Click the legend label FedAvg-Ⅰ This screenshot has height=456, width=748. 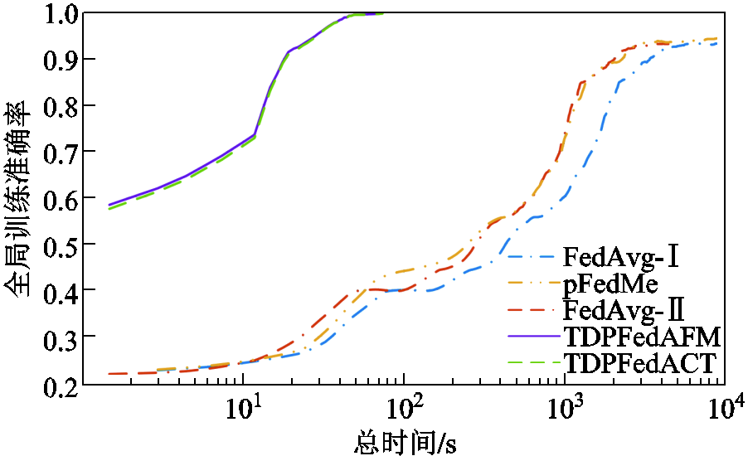(x=622, y=255)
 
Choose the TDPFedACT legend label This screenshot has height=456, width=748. (x=640, y=362)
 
